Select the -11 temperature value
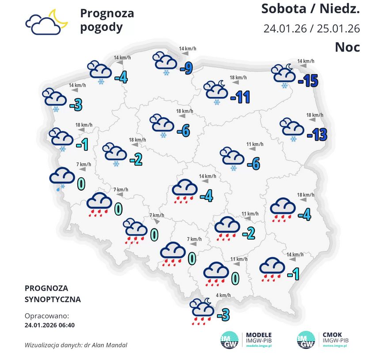(x=240, y=97)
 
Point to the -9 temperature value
(x=186, y=68)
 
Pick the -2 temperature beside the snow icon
(x=136, y=159)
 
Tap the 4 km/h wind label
(x=223, y=295)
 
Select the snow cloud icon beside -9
(x=165, y=63)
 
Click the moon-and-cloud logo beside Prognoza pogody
(x=46, y=22)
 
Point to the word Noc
(x=347, y=46)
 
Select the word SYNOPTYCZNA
(x=53, y=299)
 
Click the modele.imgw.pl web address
(x=259, y=347)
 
